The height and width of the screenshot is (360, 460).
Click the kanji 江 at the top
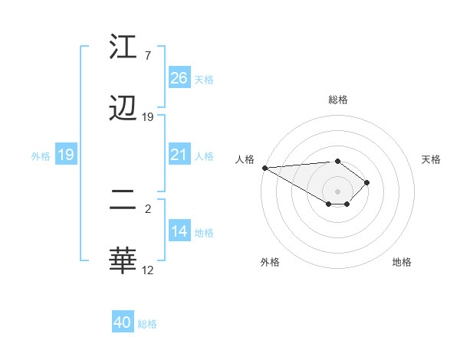pos(123,47)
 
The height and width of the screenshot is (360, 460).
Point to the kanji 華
pos(123,260)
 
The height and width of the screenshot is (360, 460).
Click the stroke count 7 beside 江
pos(147,56)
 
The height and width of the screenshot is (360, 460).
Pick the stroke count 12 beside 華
pos(148,270)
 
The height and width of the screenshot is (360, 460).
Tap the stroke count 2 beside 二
pos(147,208)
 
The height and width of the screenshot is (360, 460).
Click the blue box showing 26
pos(179,78)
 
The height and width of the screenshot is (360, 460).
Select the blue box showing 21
pos(179,155)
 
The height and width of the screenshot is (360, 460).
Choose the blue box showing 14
pos(179,232)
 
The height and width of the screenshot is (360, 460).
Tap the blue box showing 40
pos(123,322)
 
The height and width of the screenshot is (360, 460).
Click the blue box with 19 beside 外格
pos(66,155)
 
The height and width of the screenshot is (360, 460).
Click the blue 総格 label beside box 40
pos(147,324)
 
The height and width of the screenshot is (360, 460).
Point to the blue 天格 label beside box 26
pos(204,80)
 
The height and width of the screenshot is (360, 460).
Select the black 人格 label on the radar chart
pos(245,159)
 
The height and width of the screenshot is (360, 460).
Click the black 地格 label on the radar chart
pos(402,262)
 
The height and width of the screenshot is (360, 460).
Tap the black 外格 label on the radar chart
pos(270,262)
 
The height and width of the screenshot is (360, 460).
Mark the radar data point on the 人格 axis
pos(264,168)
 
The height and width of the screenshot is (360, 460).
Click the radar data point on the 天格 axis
pos(368,182)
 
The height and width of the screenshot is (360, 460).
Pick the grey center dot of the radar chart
pos(337,191)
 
